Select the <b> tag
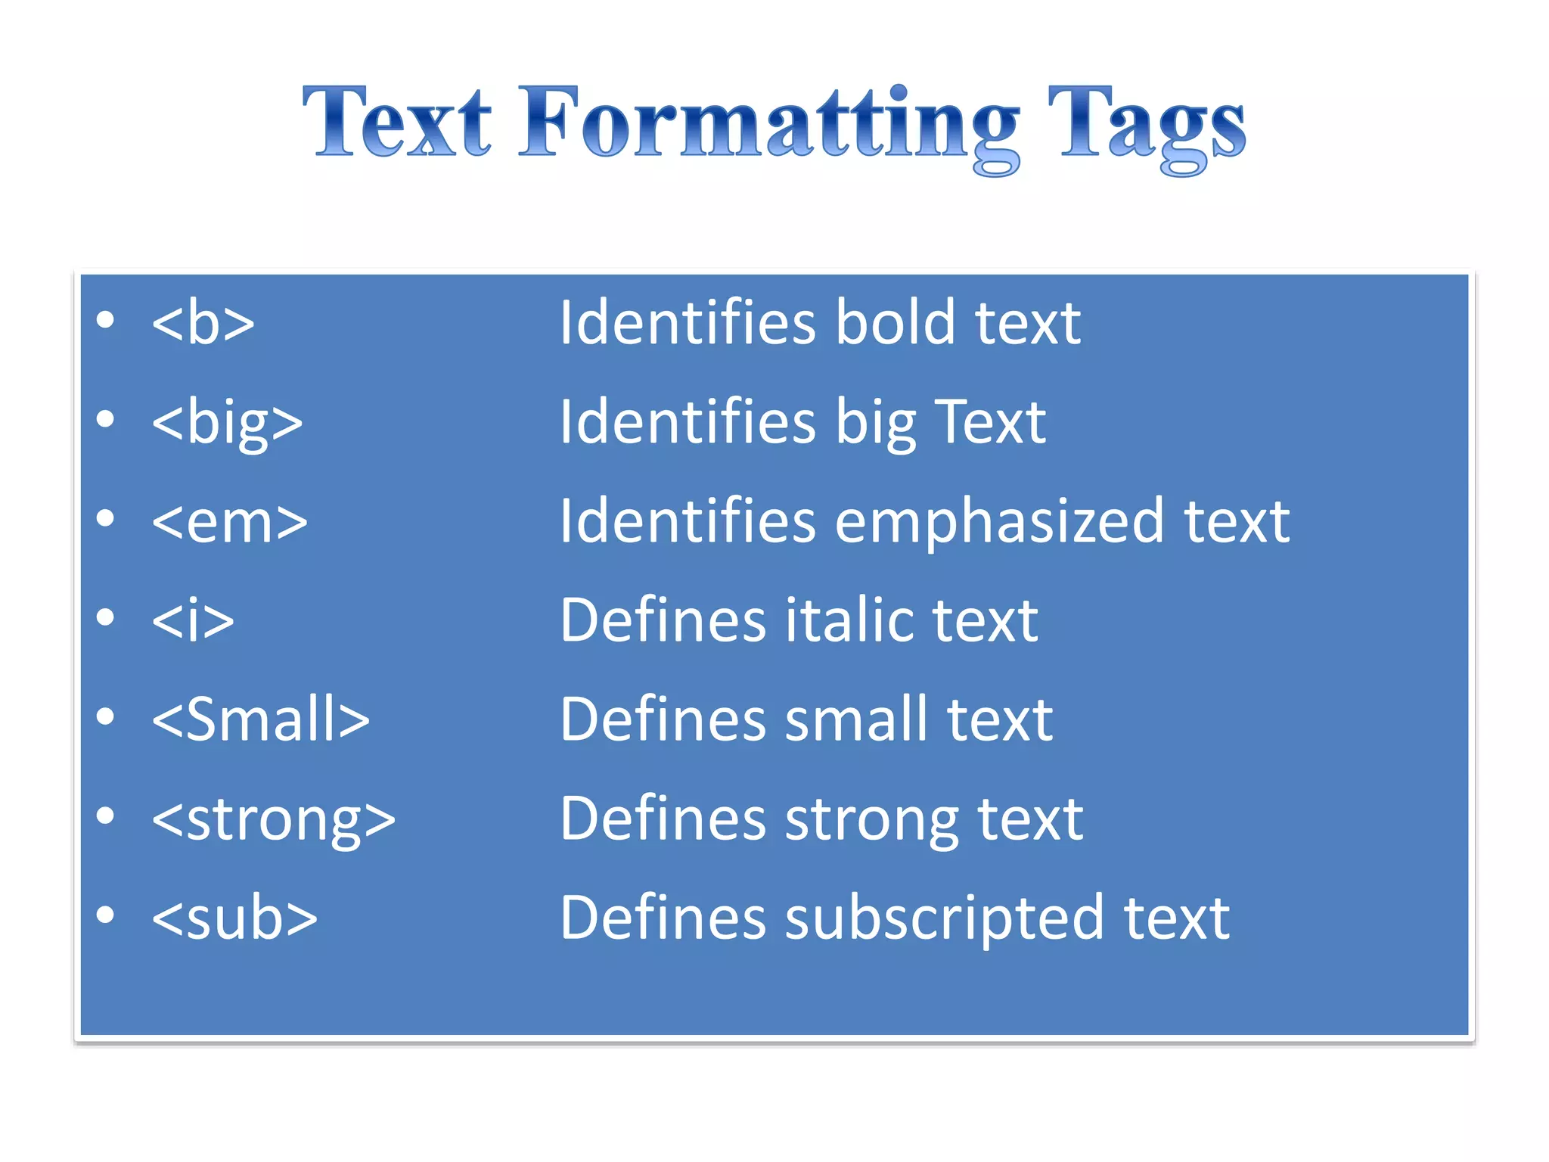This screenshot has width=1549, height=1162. (203, 323)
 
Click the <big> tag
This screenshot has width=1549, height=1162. (227, 422)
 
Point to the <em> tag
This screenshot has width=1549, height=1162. (229, 522)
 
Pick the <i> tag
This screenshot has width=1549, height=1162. (193, 620)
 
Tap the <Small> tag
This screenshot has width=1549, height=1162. (260, 719)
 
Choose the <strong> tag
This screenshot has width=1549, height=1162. (273, 819)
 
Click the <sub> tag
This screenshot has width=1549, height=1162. (234, 918)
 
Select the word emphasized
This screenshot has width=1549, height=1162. (999, 522)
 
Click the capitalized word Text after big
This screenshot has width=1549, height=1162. (990, 422)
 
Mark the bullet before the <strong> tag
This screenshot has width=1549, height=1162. (105, 816)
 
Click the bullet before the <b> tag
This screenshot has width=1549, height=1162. (105, 319)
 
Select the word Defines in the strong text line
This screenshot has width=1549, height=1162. (663, 819)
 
